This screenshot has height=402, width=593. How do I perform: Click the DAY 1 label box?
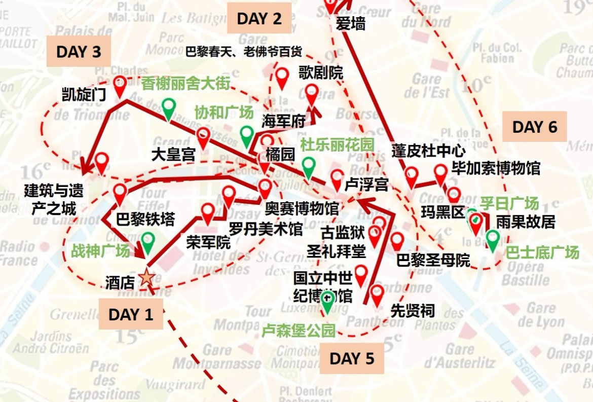(131, 314)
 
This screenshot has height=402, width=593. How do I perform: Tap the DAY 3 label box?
(79, 52)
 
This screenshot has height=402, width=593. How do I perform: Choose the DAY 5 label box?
(352, 358)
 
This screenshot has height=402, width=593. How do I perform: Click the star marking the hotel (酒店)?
(146, 277)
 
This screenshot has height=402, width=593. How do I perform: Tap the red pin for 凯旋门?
(120, 85)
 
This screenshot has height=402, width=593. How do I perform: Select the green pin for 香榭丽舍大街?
(169, 107)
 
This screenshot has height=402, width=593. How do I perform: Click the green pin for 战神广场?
(147, 241)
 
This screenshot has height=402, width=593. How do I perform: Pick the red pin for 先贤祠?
(377, 295)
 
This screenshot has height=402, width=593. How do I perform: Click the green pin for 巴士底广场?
(492, 239)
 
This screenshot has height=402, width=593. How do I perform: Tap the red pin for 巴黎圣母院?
(397, 241)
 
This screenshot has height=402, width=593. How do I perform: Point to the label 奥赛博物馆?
(302, 208)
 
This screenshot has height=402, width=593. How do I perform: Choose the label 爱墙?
(350, 23)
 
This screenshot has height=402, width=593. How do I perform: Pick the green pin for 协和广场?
(247, 135)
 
